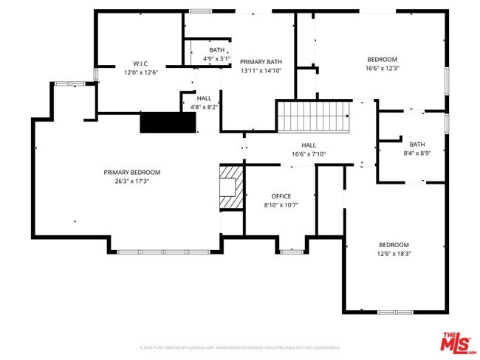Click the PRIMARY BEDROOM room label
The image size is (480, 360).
[x=131, y=172]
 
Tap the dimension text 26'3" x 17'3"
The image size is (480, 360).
[x=131, y=181]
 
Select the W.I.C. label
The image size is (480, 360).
[x=142, y=63]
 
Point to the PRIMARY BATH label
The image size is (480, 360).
[x=261, y=62]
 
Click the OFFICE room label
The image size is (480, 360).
[x=281, y=195]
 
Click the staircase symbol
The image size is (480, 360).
[x=312, y=115]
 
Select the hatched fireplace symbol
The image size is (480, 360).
[x=231, y=187]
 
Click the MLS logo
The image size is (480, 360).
[x=457, y=342]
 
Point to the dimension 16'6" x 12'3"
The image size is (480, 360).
[x=383, y=69]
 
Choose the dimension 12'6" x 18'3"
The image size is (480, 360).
[x=394, y=254]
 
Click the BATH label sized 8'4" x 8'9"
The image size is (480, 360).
[x=417, y=144]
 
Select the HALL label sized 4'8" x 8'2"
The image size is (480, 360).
[x=204, y=98]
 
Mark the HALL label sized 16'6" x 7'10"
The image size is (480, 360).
[x=308, y=145]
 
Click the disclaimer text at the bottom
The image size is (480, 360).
[x=239, y=347]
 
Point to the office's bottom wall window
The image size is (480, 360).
[x=292, y=252]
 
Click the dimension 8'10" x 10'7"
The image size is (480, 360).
[x=281, y=204]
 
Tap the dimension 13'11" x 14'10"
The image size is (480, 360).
[x=261, y=71]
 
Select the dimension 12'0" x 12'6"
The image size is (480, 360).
[x=142, y=72]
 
